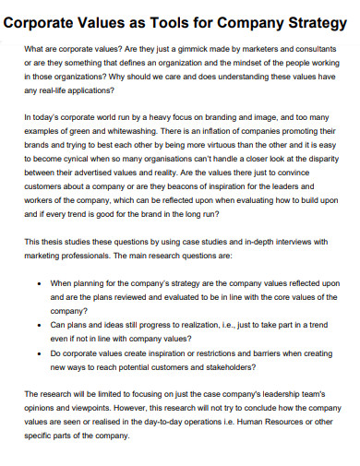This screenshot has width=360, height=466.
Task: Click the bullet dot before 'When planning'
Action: [x=36, y=284]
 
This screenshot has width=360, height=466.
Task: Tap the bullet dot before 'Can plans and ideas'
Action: [x=36, y=326]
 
